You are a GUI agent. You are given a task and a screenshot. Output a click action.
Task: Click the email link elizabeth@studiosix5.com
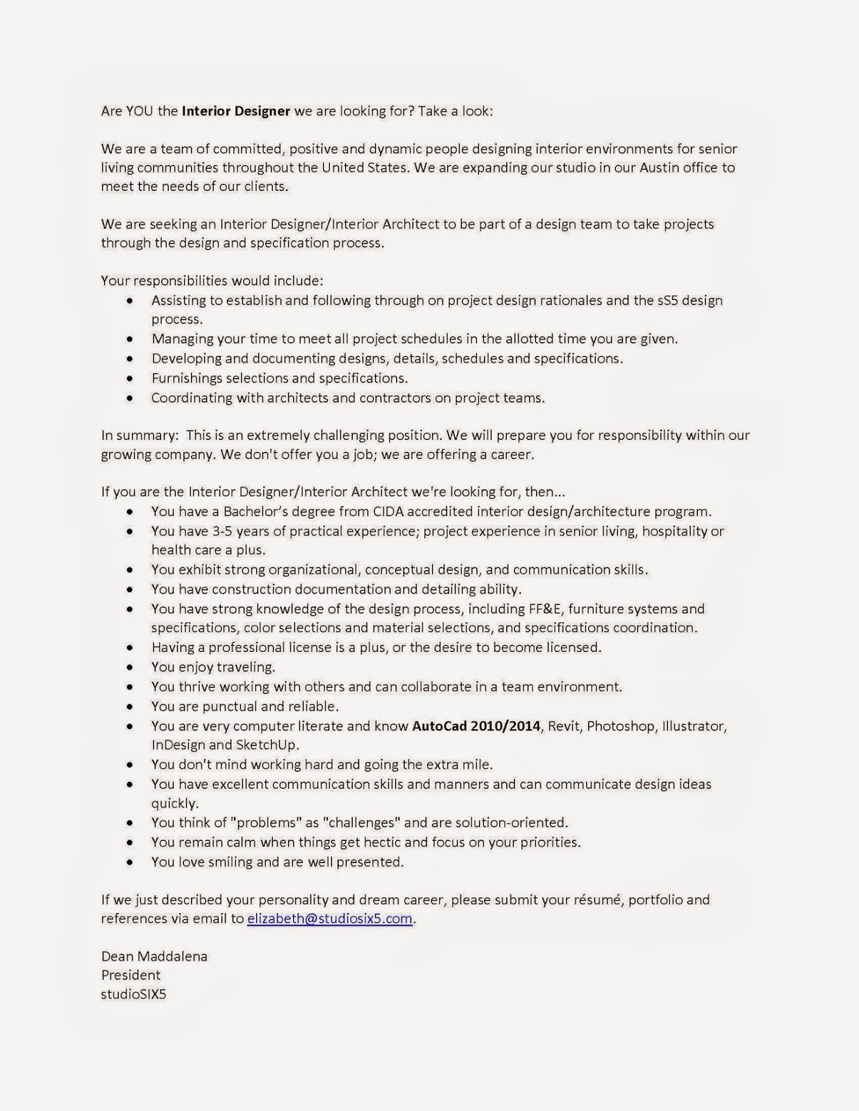[x=330, y=919]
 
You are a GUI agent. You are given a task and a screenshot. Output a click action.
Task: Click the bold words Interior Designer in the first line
[x=235, y=110]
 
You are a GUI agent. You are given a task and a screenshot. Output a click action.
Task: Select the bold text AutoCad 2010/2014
[x=476, y=726]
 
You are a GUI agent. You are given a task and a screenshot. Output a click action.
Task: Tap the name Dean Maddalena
[x=154, y=956]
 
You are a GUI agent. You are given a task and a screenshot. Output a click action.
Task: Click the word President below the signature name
[x=131, y=975]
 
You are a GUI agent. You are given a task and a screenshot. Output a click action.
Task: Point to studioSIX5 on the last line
[x=133, y=994]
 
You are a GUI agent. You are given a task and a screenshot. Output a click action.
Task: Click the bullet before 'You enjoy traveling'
[x=130, y=667]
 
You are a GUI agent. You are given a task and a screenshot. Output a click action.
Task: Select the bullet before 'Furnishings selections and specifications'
[x=130, y=378]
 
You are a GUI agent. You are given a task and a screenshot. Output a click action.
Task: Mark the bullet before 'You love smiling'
[x=130, y=862]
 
